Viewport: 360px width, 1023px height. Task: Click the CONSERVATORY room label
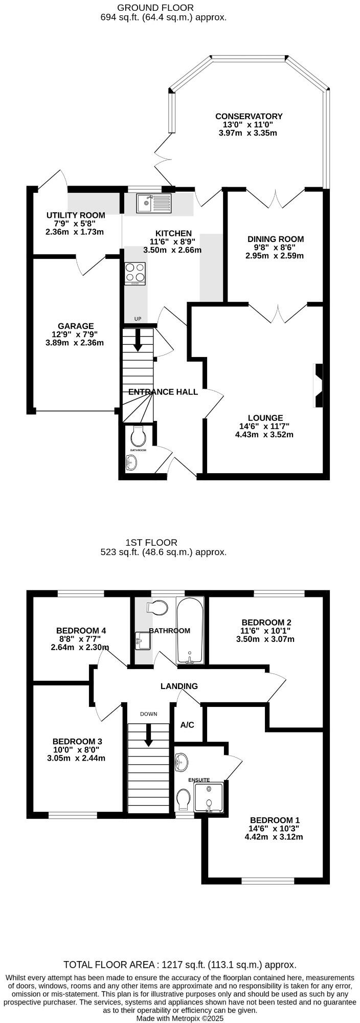point(249,117)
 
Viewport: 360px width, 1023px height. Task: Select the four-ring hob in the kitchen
point(135,273)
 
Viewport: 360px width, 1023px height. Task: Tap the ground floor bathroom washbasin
point(131,463)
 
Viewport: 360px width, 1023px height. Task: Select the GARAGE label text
point(76,326)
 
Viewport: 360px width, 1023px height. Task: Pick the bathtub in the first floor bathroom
point(190,630)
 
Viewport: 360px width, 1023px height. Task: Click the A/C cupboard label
point(187,725)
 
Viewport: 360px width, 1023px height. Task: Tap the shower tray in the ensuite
point(209,797)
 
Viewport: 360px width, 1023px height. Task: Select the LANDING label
point(179,686)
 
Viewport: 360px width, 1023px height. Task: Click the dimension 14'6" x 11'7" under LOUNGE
point(264,426)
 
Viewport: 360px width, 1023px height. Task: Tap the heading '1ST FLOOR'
point(151,542)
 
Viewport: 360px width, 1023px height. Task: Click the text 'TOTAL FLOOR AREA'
point(110,965)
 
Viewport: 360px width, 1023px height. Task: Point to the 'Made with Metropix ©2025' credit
point(180,1018)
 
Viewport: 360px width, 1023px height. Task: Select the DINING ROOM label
point(276,239)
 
